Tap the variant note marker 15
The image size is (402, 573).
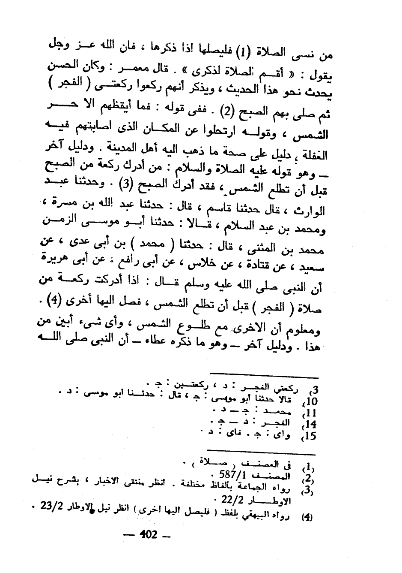click(x=310, y=436)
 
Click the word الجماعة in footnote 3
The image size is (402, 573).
click(x=257, y=487)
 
